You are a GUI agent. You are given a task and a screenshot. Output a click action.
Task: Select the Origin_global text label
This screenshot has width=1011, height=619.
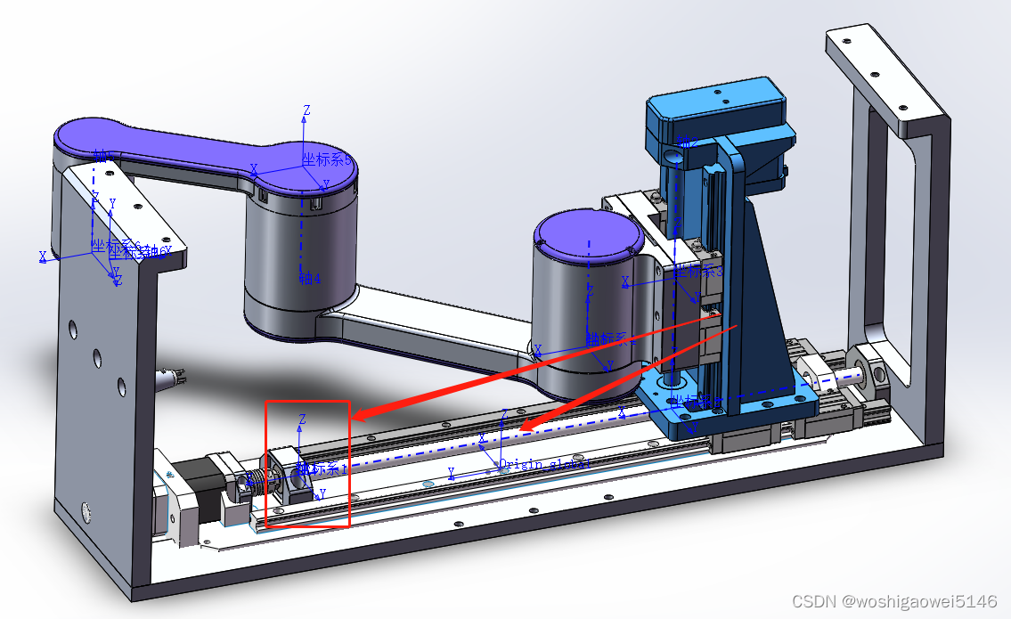pyautogui.click(x=544, y=464)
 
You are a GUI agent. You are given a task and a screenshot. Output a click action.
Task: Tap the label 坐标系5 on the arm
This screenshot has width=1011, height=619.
pyautogui.click(x=326, y=159)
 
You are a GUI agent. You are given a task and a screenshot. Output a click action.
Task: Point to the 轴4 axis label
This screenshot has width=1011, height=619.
pyautogui.click(x=309, y=278)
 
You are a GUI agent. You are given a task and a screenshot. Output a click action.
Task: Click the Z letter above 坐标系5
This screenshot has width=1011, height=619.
pyautogui.click(x=306, y=110)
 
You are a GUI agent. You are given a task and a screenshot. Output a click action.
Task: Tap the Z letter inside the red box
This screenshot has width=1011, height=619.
pyautogui.click(x=303, y=419)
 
